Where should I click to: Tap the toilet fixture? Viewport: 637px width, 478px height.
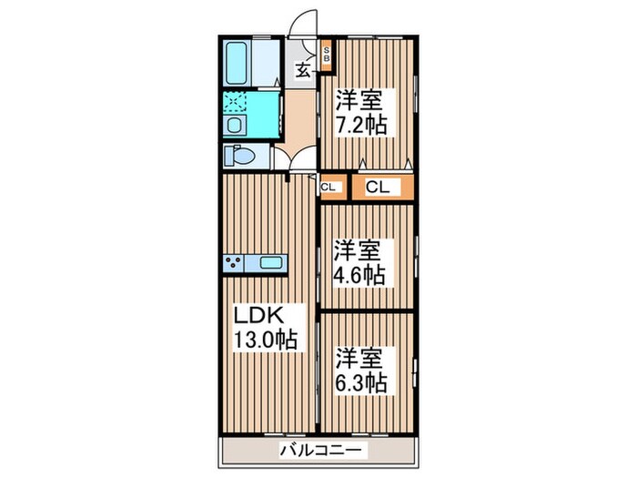coord(240,155)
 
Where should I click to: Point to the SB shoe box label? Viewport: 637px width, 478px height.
coord(328,54)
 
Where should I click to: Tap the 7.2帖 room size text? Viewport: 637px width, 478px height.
coord(363,125)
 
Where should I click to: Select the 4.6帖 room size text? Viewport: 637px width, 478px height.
coord(359,274)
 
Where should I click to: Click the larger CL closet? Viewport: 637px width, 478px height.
coord(378,188)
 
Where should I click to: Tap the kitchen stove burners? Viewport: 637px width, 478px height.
coord(235,263)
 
